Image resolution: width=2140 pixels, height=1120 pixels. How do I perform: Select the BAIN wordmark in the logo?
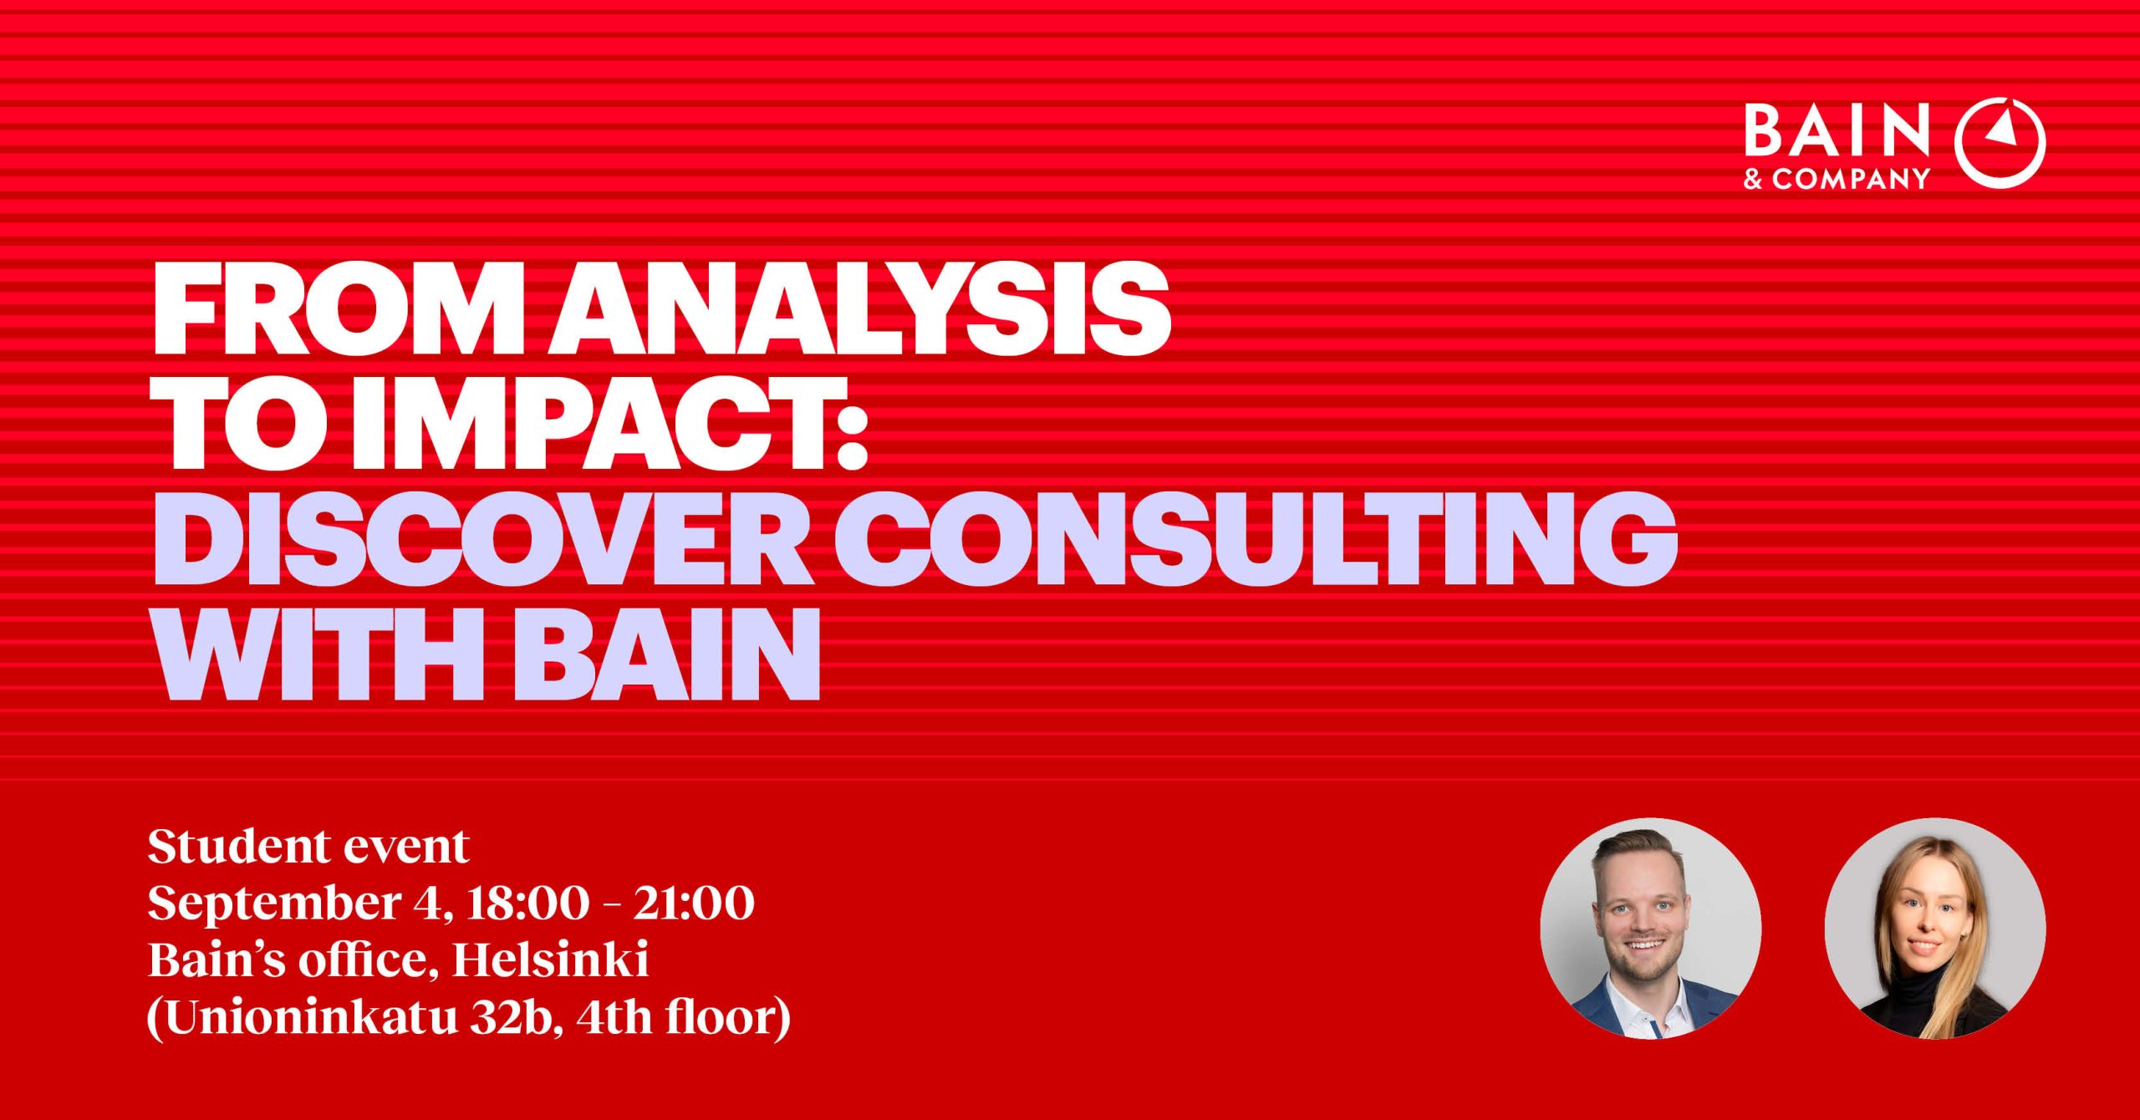(1836, 131)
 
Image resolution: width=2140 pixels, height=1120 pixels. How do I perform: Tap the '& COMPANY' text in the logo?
(1836, 178)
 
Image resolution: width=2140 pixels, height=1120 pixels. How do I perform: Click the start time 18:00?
(527, 904)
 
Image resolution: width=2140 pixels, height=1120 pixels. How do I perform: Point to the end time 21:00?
(693, 904)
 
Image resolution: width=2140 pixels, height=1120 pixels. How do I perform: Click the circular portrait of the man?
(1651, 929)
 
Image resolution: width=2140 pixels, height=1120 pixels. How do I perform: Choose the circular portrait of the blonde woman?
(1935, 929)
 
